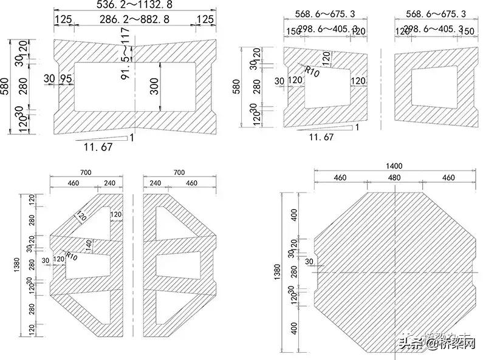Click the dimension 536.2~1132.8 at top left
pos(134,5)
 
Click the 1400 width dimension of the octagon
pos(394,166)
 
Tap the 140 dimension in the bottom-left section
pos(89,245)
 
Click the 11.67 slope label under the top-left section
pos(98,147)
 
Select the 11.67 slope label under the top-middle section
pos(321,137)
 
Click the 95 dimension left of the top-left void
pos(66,78)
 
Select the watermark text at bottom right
pos(436,344)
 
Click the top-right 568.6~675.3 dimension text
pos(436,13)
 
